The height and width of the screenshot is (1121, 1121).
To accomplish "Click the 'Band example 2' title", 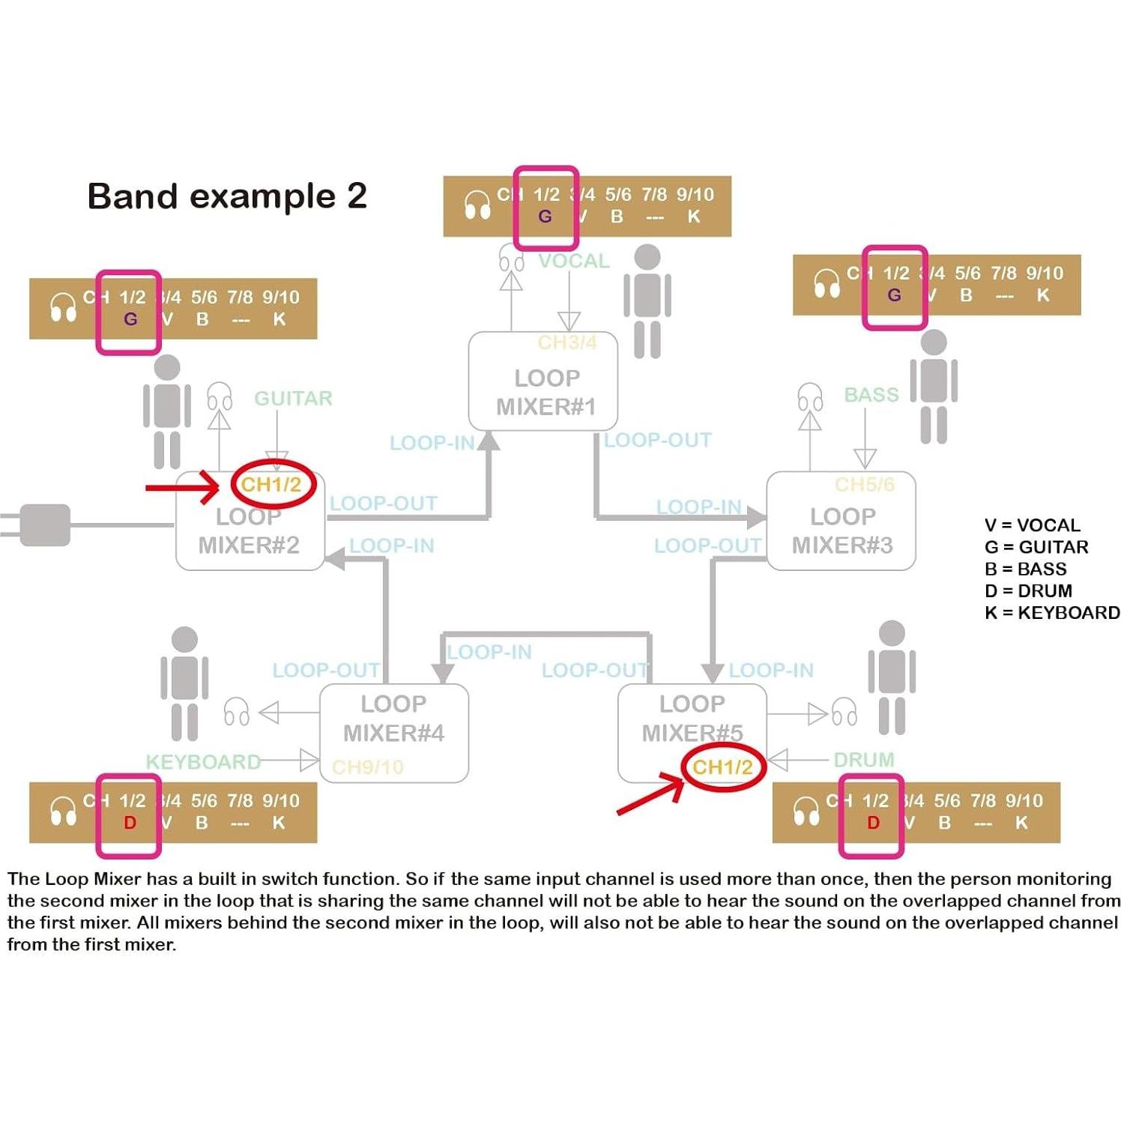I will coord(227,196).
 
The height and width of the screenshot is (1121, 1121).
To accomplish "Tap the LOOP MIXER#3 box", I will coord(841,522).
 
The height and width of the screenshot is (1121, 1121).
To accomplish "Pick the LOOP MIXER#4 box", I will coord(394,733).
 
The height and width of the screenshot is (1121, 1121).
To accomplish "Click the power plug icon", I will coord(41,525).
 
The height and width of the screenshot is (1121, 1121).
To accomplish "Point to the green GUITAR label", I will coord(293,398).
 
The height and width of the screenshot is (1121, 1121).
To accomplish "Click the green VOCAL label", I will coord(574,261).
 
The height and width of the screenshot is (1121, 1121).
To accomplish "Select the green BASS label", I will coord(871,395).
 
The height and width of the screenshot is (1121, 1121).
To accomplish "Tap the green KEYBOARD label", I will coord(203,762).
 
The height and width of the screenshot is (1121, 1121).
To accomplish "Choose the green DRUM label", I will coord(864,760).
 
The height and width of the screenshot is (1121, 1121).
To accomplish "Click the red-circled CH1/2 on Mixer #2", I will coord(271,485).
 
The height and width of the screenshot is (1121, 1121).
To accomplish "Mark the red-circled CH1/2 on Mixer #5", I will coord(722,767).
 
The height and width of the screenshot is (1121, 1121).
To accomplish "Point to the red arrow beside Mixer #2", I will coord(182,488).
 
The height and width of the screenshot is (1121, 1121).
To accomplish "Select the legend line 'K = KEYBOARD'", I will coord(1051,613).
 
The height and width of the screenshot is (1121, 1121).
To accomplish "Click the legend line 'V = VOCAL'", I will coord(1032,525).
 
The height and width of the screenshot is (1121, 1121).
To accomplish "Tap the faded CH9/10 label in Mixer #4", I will coord(367,767).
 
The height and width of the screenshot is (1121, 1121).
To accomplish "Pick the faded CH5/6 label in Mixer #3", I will coord(864,485).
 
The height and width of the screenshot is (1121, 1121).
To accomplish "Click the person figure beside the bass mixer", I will coord(934,387).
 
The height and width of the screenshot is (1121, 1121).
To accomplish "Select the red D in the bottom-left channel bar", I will coord(130,823).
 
